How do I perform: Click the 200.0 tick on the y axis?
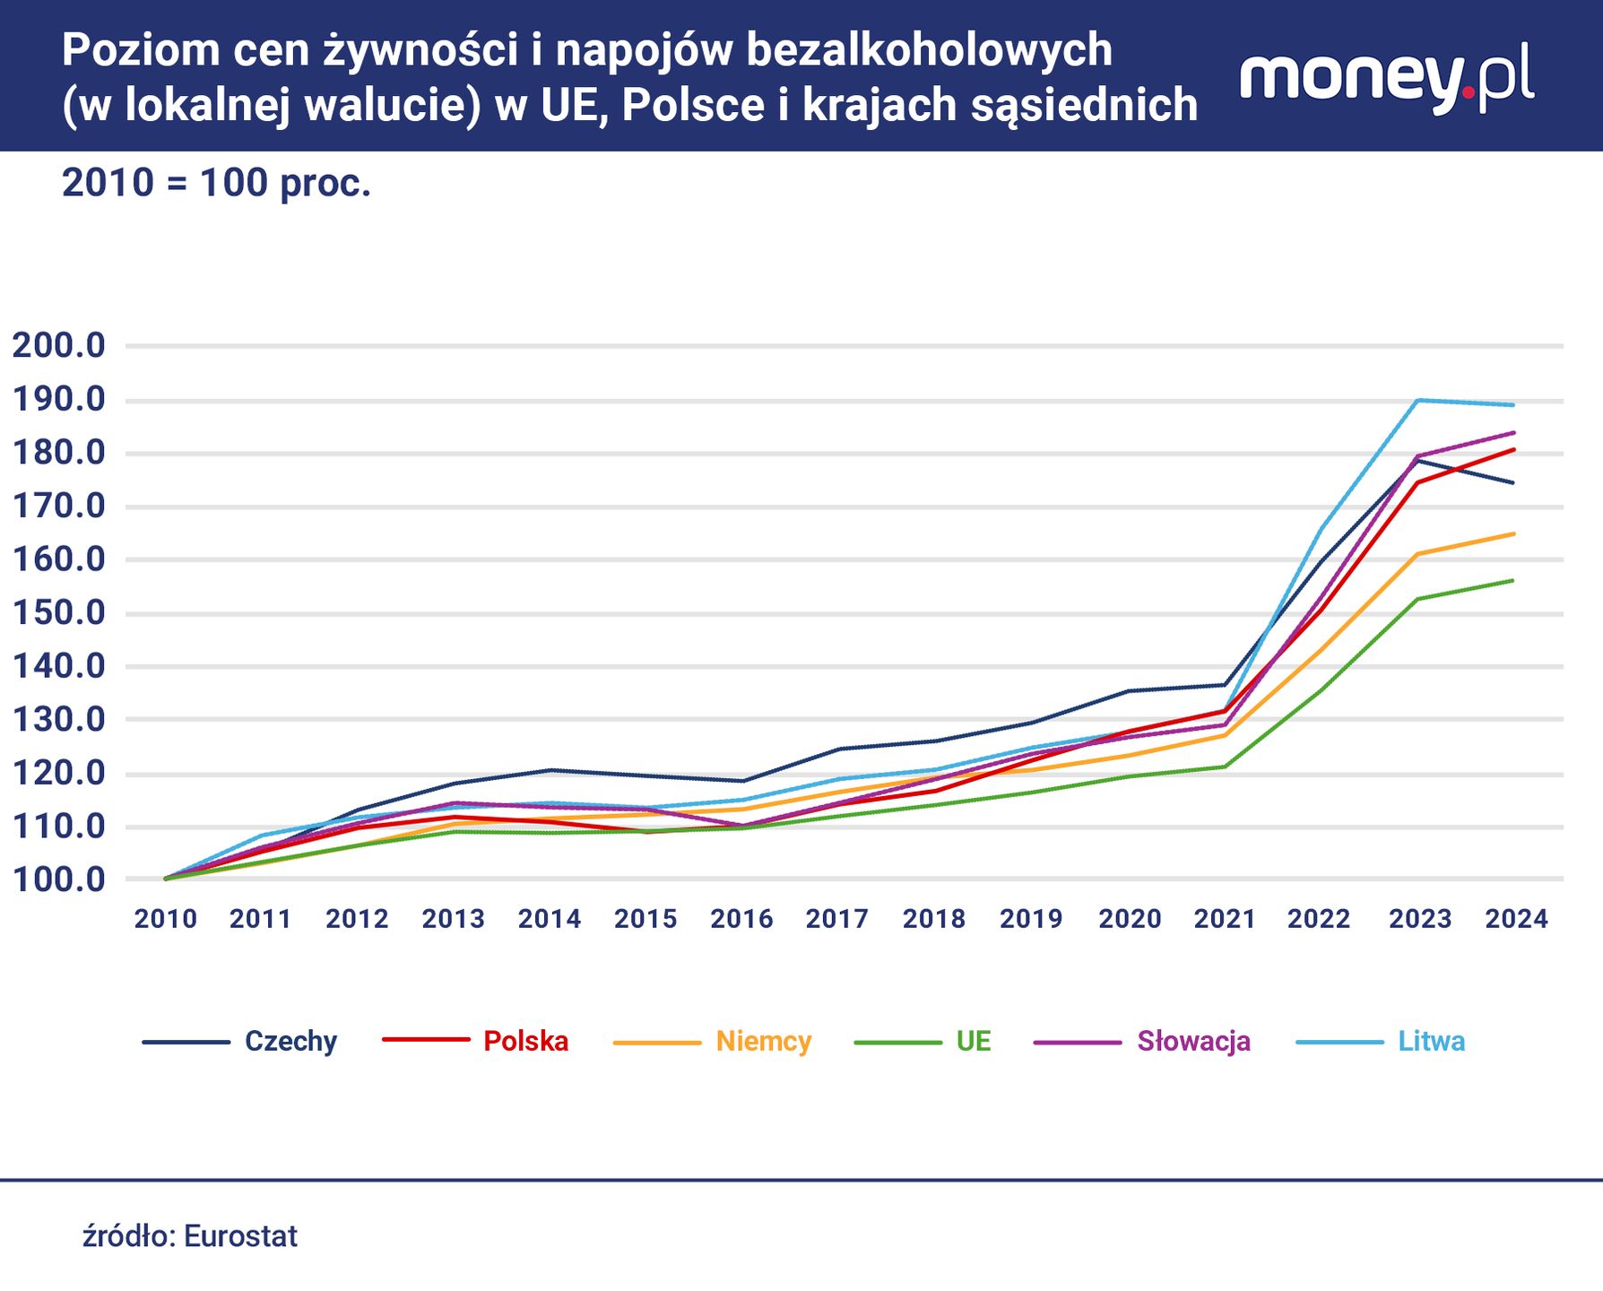pos(58,345)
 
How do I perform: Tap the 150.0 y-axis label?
pos(58,613)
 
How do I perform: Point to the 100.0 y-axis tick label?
pos(58,879)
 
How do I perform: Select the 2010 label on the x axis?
pos(166,919)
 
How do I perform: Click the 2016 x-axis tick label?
pos(741,919)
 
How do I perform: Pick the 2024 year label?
pos(1516,919)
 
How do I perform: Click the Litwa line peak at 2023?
pos(1417,400)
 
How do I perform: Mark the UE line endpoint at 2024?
pos(1513,580)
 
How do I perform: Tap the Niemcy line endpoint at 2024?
pos(1513,533)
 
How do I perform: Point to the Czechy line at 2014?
pos(550,770)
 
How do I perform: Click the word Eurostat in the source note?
pos(240,1236)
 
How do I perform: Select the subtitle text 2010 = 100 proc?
pos(216,183)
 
